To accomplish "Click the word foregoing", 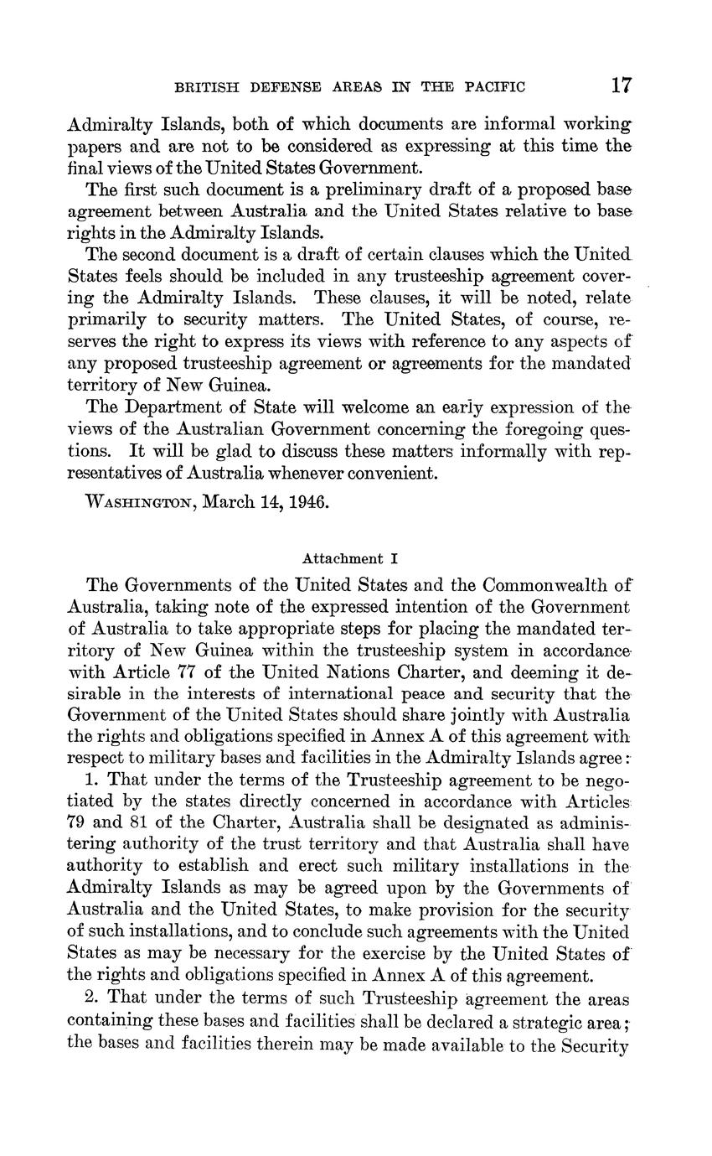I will coord(534,429).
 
